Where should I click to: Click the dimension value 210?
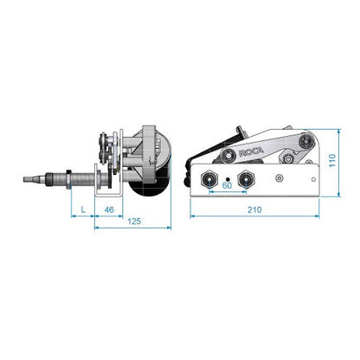coord(254,209)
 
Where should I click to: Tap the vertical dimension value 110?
coord(332,160)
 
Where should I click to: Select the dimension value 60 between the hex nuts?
coord(227,185)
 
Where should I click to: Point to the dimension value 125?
coord(134,222)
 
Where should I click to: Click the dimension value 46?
coord(109,209)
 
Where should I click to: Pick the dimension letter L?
coord(83,209)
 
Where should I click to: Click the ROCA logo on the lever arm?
coord(251,152)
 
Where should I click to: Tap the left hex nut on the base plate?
coord(209,179)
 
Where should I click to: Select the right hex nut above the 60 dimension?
coord(245,179)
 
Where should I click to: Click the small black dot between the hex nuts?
coord(228,179)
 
